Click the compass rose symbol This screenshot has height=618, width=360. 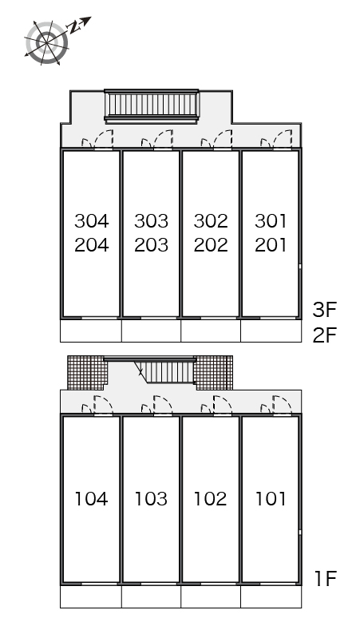pyautogui.click(x=46, y=42)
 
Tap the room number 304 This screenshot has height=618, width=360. pyautogui.click(x=91, y=220)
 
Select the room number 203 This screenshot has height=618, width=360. pyautogui.click(x=151, y=245)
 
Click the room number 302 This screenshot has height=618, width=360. pyautogui.click(x=211, y=220)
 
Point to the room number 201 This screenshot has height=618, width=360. pyautogui.click(x=271, y=245)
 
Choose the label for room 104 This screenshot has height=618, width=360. pyautogui.click(x=91, y=498)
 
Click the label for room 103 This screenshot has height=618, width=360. pyautogui.click(x=151, y=498)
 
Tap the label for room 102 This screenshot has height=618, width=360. pyautogui.click(x=211, y=498)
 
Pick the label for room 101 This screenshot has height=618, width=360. pyautogui.click(x=271, y=498)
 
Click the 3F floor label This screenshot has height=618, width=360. pyautogui.click(x=325, y=310)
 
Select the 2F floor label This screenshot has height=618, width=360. pyautogui.click(x=325, y=335)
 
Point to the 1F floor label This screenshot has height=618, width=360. pyautogui.click(x=326, y=579)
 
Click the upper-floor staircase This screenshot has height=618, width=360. pyautogui.click(x=151, y=105)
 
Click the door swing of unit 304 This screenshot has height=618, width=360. pyautogui.click(x=97, y=139)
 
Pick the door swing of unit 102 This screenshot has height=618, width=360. pyautogui.click(x=216, y=405)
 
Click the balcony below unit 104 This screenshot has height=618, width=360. pyautogui.click(x=91, y=596)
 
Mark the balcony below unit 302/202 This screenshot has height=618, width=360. pyautogui.click(x=211, y=331)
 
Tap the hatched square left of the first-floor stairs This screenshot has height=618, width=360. pyautogui.click(x=88, y=373)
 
